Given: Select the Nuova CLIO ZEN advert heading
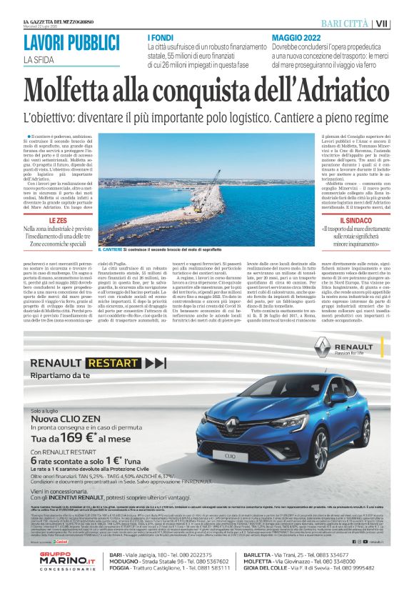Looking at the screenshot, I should coord(66,397).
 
